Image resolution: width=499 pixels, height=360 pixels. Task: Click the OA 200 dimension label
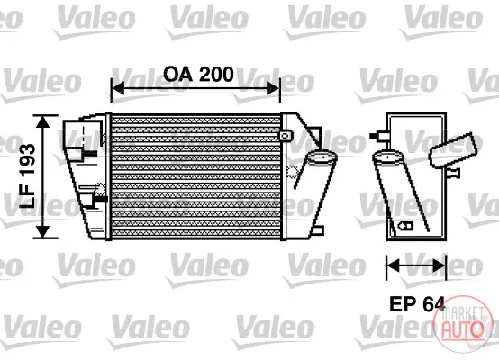pyautogui.click(x=198, y=75)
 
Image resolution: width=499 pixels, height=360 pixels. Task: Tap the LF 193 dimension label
pyautogui.click(x=27, y=176)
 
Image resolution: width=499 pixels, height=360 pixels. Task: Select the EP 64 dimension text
pyautogui.click(x=417, y=304)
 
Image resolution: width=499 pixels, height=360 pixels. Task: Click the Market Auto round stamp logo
pyautogui.click(x=463, y=324)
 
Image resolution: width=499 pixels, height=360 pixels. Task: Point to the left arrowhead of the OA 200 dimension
pyautogui.click(x=118, y=88)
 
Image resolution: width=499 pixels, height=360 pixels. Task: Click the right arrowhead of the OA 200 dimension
pyautogui.click(x=273, y=88)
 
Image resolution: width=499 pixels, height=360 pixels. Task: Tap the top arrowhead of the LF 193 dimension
pyautogui.click(x=42, y=121)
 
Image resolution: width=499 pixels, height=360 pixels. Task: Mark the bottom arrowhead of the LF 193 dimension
pyautogui.click(x=42, y=231)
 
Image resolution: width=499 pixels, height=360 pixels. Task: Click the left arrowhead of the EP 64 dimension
pyautogui.click(x=393, y=265)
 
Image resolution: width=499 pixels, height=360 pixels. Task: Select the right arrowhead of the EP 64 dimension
pyautogui.click(x=440, y=265)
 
